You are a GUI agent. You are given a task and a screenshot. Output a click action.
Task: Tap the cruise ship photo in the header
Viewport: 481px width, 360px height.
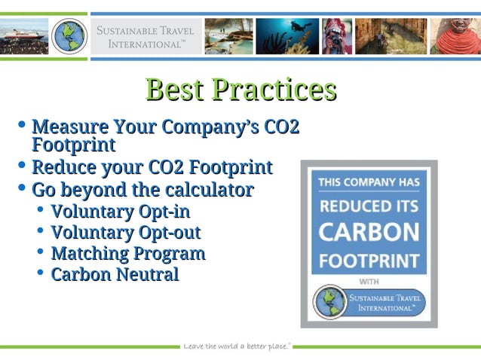pyautogui.click(x=23, y=35)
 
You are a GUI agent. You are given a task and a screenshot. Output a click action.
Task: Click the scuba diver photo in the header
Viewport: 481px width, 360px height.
pyautogui.click(x=286, y=35)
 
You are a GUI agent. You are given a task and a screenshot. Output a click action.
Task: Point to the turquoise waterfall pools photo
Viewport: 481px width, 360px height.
pyautogui.click(x=228, y=35)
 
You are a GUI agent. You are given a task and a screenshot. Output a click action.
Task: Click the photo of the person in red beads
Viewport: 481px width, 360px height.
pyautogui.click(x=455, y=35)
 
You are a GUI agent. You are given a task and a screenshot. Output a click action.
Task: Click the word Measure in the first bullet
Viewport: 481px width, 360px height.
pyautogui.click(x=69, y=126)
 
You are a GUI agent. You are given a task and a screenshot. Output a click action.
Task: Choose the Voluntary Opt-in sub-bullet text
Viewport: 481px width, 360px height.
pyautogui.click(x=121, y=211)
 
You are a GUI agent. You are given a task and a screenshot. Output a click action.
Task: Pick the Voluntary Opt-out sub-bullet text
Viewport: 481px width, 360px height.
pyautogui.click(x=125, y=232)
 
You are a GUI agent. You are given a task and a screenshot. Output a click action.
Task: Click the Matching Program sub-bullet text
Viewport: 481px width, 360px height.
pyautogui.click(x=128, y=253)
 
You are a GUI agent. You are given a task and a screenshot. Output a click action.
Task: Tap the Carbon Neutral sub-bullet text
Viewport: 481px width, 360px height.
pyautogui.click(x=115, y=274)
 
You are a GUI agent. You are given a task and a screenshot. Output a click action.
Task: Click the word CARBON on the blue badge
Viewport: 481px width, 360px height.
pyautogui.click(x=369, y=231)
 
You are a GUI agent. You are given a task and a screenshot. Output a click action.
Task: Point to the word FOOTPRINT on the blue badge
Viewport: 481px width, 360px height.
pyautogui.click(x=369, y=261)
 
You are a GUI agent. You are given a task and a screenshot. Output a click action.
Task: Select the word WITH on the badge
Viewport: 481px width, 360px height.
pyautogui.click(x=369, y=282)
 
